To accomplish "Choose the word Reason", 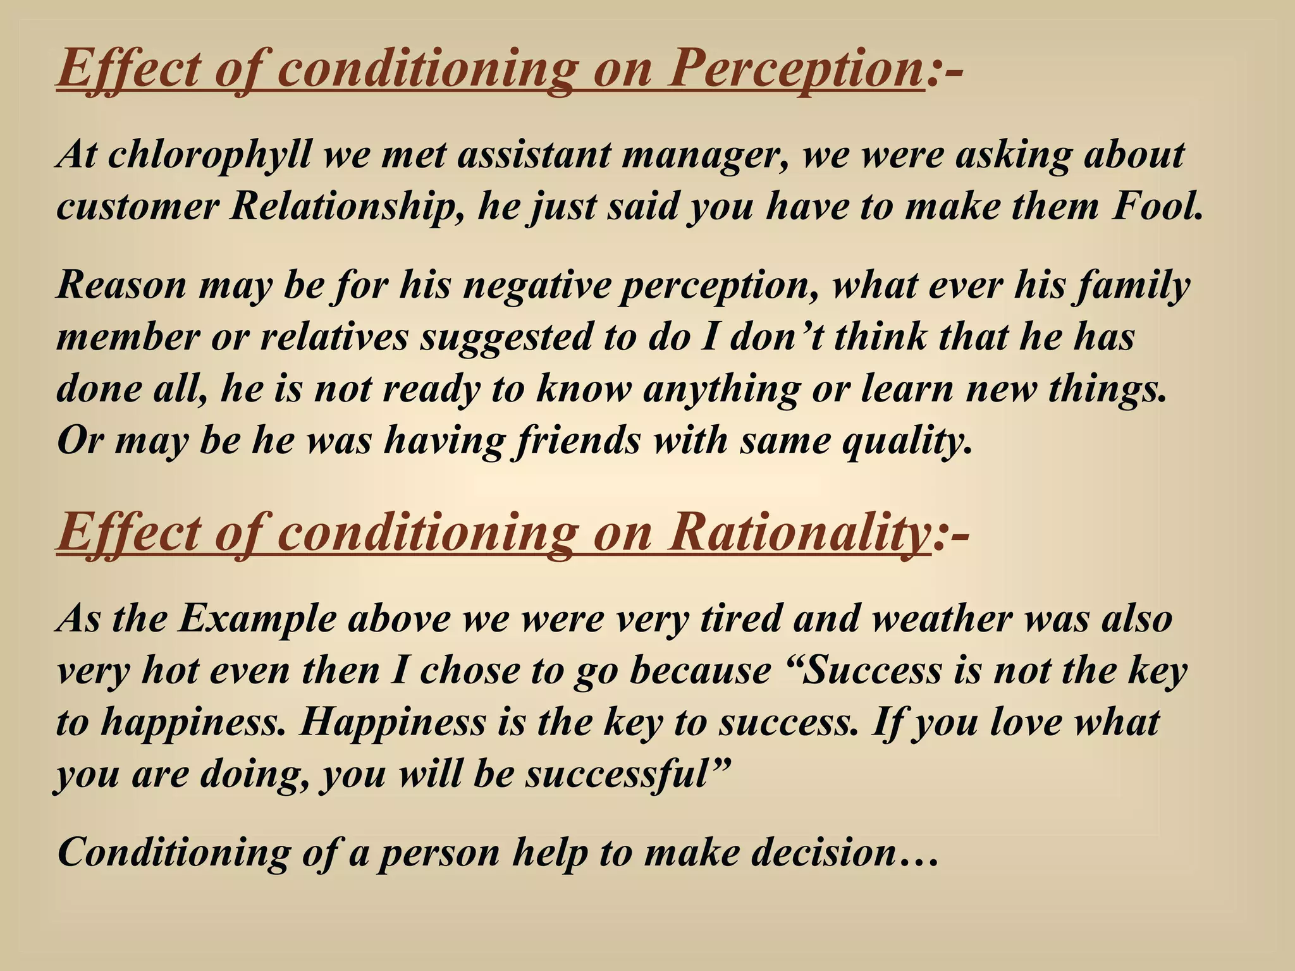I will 121,286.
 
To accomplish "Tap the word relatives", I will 334,337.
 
